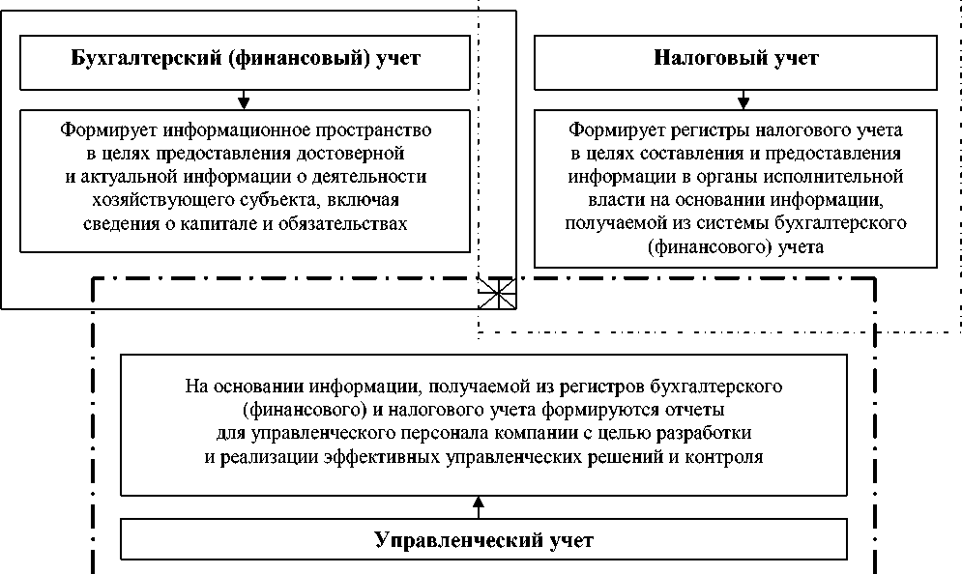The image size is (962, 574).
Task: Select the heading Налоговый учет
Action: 736,58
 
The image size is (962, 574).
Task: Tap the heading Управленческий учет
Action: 483,539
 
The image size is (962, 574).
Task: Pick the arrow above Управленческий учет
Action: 477,504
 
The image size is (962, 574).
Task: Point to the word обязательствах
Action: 349,224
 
